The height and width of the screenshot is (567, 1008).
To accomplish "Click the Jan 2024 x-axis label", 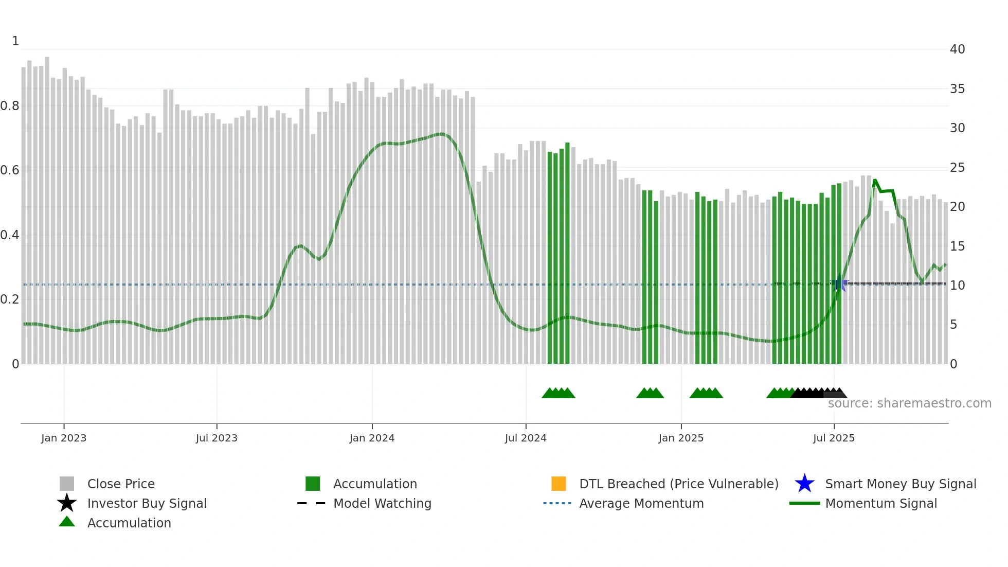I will tap(372, 438).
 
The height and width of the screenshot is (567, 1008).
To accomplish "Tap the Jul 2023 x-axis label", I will tap(217, 438).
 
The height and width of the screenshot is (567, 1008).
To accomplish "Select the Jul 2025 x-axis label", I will tap(834, 438).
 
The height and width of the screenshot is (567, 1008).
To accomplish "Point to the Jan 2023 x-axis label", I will tap(64, 438).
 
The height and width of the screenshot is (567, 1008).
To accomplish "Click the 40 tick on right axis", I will tap(957, 49).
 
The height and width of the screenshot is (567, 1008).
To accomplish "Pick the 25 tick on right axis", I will tap(957, 168).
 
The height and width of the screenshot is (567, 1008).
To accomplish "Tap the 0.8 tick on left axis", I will tap(10, 106).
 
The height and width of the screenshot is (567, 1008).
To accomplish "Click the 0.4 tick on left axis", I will tap(10, 235).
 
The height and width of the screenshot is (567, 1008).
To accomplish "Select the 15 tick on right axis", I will tap(957, 246).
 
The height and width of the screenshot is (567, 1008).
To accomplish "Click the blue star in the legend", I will tap(804, 484).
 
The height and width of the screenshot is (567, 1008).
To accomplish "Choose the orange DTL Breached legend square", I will tap(559, 484).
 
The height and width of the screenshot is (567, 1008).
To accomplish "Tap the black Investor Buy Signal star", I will tap(67, 503).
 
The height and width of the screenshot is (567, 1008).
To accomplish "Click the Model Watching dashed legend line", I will tap(312, 503).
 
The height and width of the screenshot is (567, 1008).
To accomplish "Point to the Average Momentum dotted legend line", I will tap(557, 503).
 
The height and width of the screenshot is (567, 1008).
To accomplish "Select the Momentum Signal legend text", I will tap(881, 503).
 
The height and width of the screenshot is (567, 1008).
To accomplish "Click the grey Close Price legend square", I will tap(67, 484).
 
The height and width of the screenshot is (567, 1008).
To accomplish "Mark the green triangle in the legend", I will tap(67, 522).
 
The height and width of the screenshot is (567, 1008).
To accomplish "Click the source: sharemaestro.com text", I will tap(909, 403).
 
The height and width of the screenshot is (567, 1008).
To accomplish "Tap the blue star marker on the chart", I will tap(839, 283).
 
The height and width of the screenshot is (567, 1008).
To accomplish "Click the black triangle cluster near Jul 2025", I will tap(815, 393).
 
